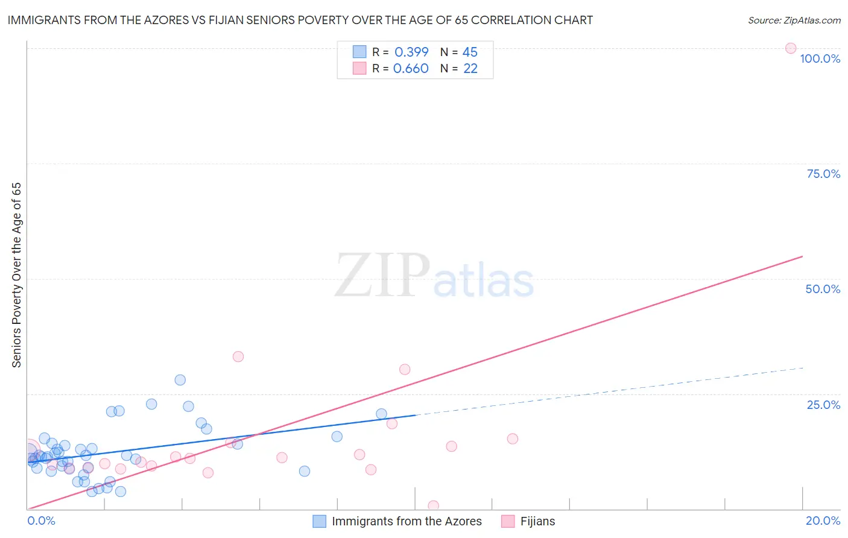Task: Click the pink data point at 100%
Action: point(790,48)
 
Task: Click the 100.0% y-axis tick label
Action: point(820,59)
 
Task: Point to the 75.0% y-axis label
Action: point(823,174)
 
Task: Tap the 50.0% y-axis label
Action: point(823,289)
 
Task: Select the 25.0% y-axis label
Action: point(823,405)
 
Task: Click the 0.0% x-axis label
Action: point(41,521)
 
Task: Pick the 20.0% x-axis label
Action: point(823,521)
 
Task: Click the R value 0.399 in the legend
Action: point(411,52)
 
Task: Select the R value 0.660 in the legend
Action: point(411,69)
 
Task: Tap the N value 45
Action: point(470,52)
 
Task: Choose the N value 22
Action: point(470,69)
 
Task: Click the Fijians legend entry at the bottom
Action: point(537,521)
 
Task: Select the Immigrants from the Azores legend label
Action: point(407,521)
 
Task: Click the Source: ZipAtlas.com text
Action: point(794,20)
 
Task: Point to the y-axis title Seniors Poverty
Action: point(16,275)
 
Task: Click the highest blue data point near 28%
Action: point(180,380)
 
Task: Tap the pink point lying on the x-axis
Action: point(433,505)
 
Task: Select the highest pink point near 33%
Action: point(238,356)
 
